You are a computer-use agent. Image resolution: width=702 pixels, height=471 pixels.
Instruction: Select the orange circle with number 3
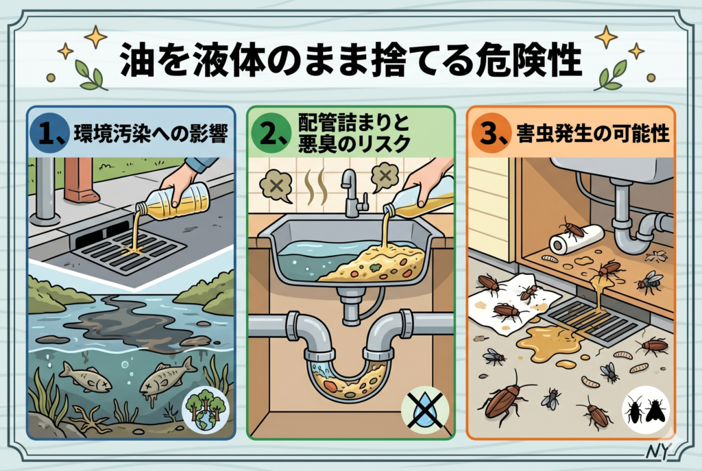(x=490, y=134)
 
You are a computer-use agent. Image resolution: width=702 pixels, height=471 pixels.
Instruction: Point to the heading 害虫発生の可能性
(x=593, y=134)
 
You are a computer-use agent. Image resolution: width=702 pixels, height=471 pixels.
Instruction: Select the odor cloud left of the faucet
(x=276, y=185)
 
